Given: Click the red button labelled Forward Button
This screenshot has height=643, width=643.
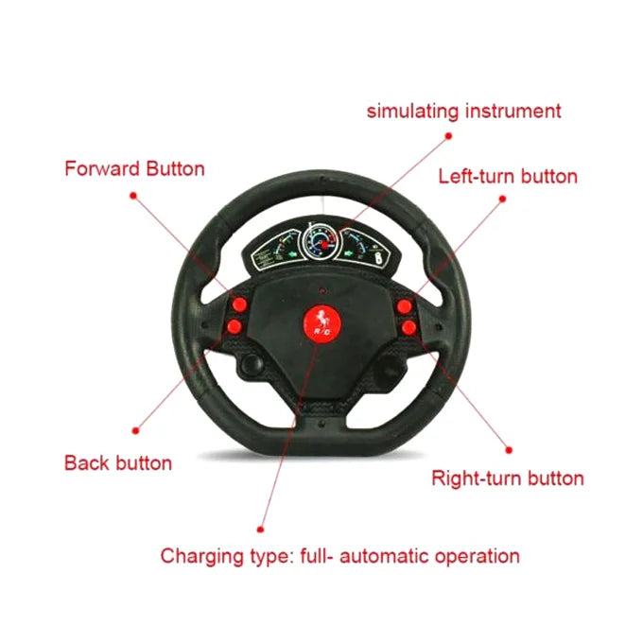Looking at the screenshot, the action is [239, 304].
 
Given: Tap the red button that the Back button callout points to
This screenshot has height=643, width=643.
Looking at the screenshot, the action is [235, 327].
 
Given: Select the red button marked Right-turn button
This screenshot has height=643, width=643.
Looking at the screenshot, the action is [408, 328].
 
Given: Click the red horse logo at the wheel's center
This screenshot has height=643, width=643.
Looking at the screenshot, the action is [322, 322].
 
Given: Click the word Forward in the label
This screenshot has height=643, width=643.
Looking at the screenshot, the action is [102, 169].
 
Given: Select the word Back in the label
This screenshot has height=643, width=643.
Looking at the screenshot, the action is [87, 463].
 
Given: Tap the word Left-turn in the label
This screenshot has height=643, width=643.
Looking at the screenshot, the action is [477, 176].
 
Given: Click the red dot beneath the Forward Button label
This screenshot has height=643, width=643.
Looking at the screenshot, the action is [133, 196].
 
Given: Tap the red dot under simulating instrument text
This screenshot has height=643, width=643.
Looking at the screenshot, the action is [448, 136].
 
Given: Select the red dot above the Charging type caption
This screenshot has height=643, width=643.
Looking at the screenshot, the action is [260, 530].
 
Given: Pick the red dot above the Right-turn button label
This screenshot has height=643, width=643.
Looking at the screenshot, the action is [509, 450].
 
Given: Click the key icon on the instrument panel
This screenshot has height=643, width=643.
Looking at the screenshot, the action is [379, 259].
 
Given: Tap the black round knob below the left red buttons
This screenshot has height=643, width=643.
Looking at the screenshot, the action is [252, 364].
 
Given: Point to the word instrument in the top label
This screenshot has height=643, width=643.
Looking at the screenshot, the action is [513, 112].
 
